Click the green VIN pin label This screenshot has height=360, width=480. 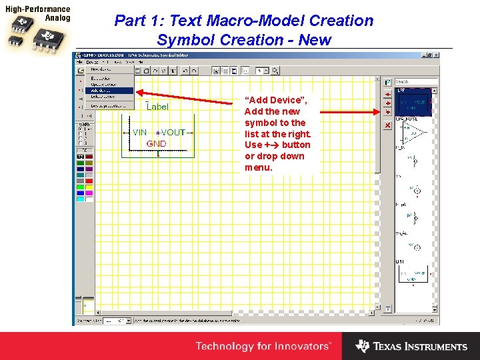pyautogui.click(x=139, y=133)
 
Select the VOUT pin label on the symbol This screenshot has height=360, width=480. pyautogui.click(x=173, y=133)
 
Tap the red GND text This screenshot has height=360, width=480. pyautogui.click(x=156, y=143)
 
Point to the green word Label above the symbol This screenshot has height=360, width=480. pyautogui.click(x=157, y=107)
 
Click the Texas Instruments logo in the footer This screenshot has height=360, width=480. pyautogui.click(x=411, y=346)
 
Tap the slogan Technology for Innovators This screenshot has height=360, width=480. pyautogui.click(x=263, y=346)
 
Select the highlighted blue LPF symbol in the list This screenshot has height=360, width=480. pyautogui.click(x=413, y=104)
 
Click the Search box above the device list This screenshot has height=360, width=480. pyautogui.click(x=416, y=82)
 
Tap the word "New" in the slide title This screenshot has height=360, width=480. pyautogui.click(x=315, y=40)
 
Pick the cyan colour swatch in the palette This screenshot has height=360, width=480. pyautogui.click(x=81, y=199)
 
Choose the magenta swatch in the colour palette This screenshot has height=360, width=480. pyautogui.click(x=89, y=193)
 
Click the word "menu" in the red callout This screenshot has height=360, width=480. pyautogui.click(x=259, y=167)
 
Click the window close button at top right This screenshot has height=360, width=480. pyautogui.click(x=436, y=55)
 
